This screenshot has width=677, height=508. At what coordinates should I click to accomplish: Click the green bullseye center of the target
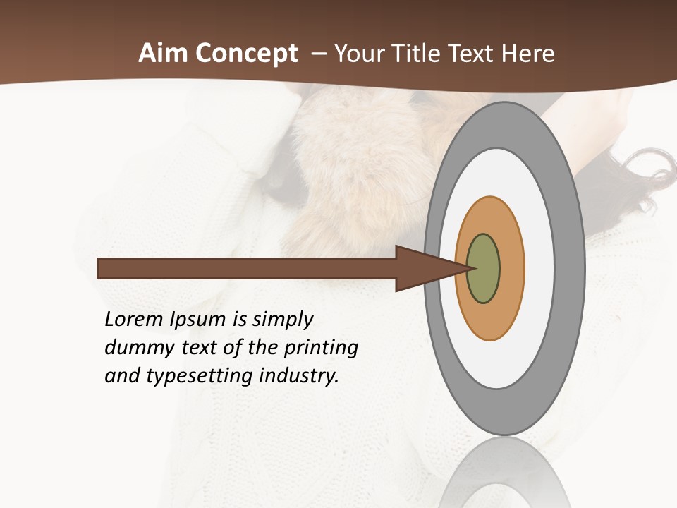484,269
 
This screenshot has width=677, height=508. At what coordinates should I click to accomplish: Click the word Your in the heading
358,54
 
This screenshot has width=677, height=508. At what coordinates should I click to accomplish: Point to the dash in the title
318,54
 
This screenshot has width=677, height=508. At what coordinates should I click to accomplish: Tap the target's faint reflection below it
505,473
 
